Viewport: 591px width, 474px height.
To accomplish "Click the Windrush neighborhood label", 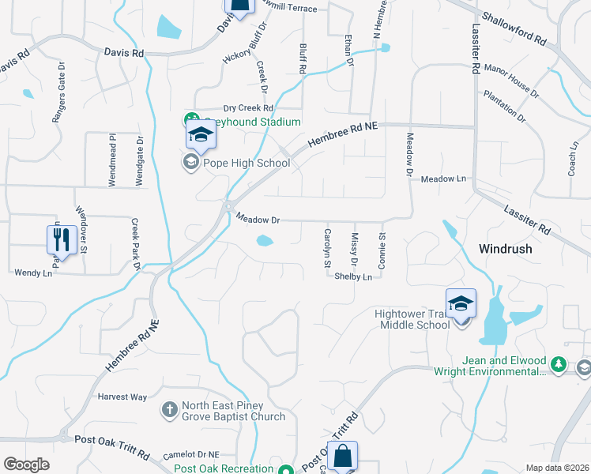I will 505,248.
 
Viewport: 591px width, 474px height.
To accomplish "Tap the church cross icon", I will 169,410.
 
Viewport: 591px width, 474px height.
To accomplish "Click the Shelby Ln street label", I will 353,277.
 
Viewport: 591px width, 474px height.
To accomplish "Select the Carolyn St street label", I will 327,248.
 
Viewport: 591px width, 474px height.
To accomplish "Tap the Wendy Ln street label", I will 32,273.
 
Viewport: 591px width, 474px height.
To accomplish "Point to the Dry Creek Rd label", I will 247,108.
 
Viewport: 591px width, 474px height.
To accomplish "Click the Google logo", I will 25,465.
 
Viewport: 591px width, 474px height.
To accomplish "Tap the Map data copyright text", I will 558,468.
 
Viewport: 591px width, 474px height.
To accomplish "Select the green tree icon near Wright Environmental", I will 559,363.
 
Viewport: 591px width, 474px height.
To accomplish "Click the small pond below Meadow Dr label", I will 264,242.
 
